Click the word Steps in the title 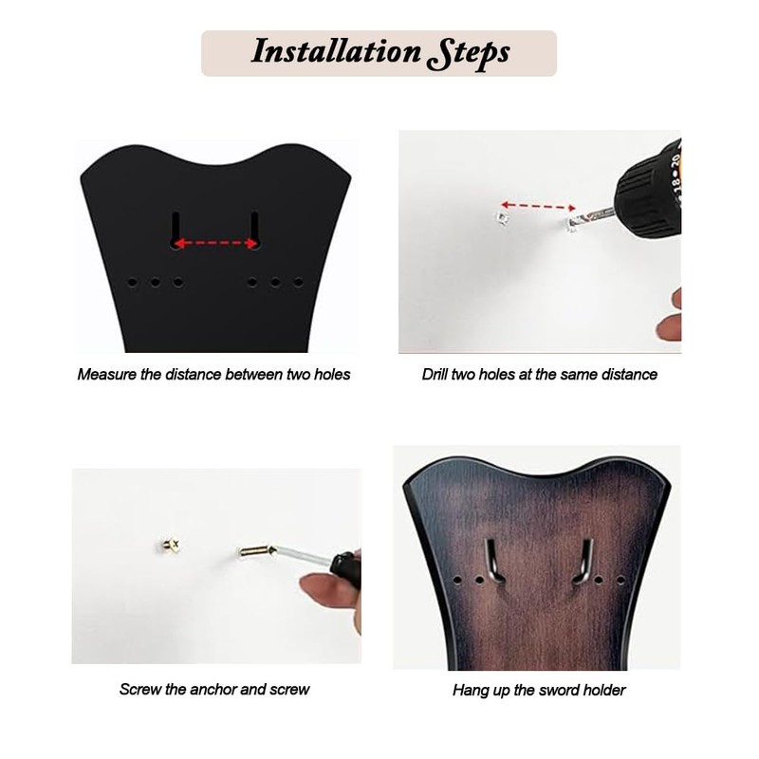[468, 52]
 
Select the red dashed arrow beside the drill [539, 205]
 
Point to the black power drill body [648, 190]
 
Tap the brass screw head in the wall [172, 545]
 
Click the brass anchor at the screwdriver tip [254, 550]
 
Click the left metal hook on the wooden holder [488, 560]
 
